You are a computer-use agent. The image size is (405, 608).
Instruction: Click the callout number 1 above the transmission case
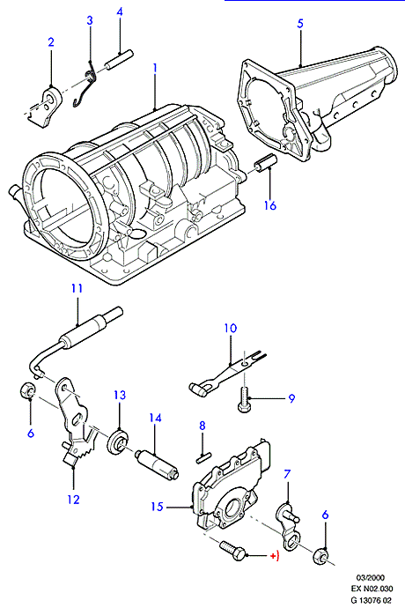pyautogui.click(x=155, y=68)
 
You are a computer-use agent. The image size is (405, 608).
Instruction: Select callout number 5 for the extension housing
pyautogui.click(x=300, y=24)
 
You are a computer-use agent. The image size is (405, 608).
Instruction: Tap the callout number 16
pyautogui.click(x=270, y=205)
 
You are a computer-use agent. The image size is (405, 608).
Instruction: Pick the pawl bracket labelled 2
pyautogui.click(x=45, y=107)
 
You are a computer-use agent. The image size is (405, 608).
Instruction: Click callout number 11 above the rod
pyautogui.click(x=77, y=288)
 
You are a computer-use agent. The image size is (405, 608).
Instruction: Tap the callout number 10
pyautogui.click(x=230, y=329)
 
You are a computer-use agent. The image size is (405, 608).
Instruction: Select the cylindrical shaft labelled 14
pyautogui.click(x=157, y=463)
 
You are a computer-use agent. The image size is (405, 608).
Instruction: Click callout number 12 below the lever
pyautogui.click(x=73, y=500)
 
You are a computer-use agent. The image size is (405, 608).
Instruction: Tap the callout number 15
pyautogui.click(x=157, y=507)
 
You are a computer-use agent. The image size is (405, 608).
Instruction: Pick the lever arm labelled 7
pyautogui.click(x=289, y=526)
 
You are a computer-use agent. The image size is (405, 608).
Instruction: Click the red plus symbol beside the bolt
pyautogui.click(x=274, y=556)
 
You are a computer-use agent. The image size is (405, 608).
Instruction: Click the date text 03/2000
pyautogui.click(x=371, y=578)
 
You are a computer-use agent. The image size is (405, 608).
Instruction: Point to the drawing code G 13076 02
pyautogui.click(x=371, y=600)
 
